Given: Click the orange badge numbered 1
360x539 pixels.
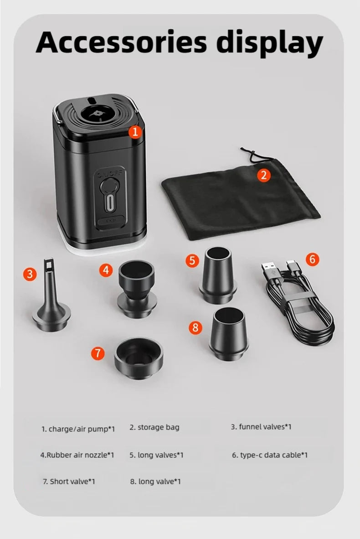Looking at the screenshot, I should coord(135,132).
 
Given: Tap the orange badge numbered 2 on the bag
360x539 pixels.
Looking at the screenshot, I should coord(263,175).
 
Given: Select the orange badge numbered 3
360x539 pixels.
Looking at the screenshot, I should coord(30,274).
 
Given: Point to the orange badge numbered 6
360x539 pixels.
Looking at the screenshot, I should coord(312,259).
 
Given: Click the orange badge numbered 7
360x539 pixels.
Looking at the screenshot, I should coord(98,352).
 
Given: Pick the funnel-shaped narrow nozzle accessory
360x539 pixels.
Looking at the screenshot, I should coord(50,301).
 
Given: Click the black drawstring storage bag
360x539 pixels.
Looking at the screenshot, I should coord(237,196).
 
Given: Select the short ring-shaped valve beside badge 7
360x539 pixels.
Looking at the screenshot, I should coord(138,358).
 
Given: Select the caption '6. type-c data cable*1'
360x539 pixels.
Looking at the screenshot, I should coord(270,455).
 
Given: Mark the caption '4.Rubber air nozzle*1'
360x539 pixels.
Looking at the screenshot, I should coord(77,455).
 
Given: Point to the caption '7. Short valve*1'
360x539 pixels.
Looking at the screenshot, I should coord(69,481).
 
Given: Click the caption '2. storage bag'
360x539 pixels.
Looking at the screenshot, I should coord(154,427).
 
